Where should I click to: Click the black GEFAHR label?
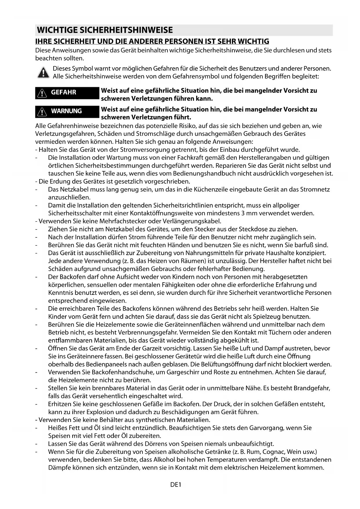[67, 93]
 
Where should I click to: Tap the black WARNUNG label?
[67, 111]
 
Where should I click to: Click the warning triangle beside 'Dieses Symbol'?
[43, 73]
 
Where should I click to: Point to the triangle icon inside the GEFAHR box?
[42, 93]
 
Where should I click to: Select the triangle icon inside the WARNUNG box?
[42, 112]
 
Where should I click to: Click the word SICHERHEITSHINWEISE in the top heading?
[126, 30]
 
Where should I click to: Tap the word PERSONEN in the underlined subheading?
[185, 41]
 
